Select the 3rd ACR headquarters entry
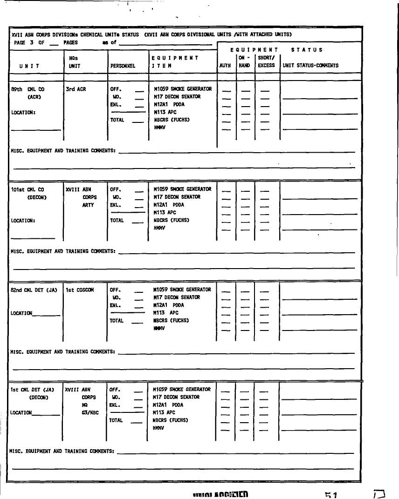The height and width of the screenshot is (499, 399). coord(76,89)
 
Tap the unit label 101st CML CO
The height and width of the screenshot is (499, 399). coord(28,189)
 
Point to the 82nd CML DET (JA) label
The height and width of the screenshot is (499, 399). coord(34,290)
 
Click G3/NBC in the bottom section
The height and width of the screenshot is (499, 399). coord(89,412)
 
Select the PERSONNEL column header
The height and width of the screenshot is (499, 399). coord(123,66)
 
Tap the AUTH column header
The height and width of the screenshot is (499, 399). coord(225,66)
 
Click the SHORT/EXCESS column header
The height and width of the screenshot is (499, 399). coord(266,62)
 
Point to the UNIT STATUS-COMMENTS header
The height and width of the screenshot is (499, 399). coord(310,66)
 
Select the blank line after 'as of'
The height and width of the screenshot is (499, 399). coord(165,44)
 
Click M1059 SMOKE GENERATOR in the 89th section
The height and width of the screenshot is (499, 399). coord(182,89)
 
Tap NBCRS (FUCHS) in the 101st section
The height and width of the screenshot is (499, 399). coord(171,220)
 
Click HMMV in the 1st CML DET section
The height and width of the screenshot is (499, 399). coord(158,428)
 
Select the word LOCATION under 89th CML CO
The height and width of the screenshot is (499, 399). coord(23,112)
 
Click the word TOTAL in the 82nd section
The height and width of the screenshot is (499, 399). coord(117,321)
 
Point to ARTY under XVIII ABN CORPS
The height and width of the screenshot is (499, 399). coord(88,205)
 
